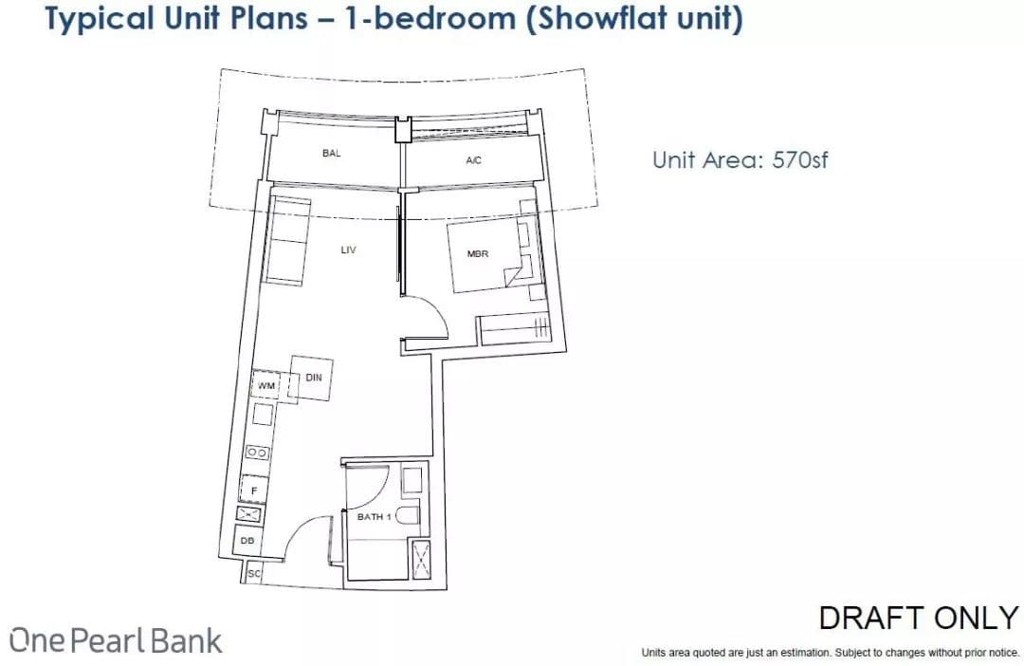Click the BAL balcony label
click(x=331, y=153)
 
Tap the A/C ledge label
click(x=473, y=160)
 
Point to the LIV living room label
click(x=348, y=250)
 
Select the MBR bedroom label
click(x=477, y=253)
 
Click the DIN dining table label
click(x=314, y=378)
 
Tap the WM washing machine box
click(x=265, y=385)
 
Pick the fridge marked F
click(x=254, y=490)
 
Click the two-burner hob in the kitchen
click(x=257, y=453)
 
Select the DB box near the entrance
click(x=247, y=541)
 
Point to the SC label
click(x=254, y=574)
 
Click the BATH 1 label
click(x=375, y=516)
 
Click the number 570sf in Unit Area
click(x=800, y=159)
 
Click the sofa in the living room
click(x=286, y=240)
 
